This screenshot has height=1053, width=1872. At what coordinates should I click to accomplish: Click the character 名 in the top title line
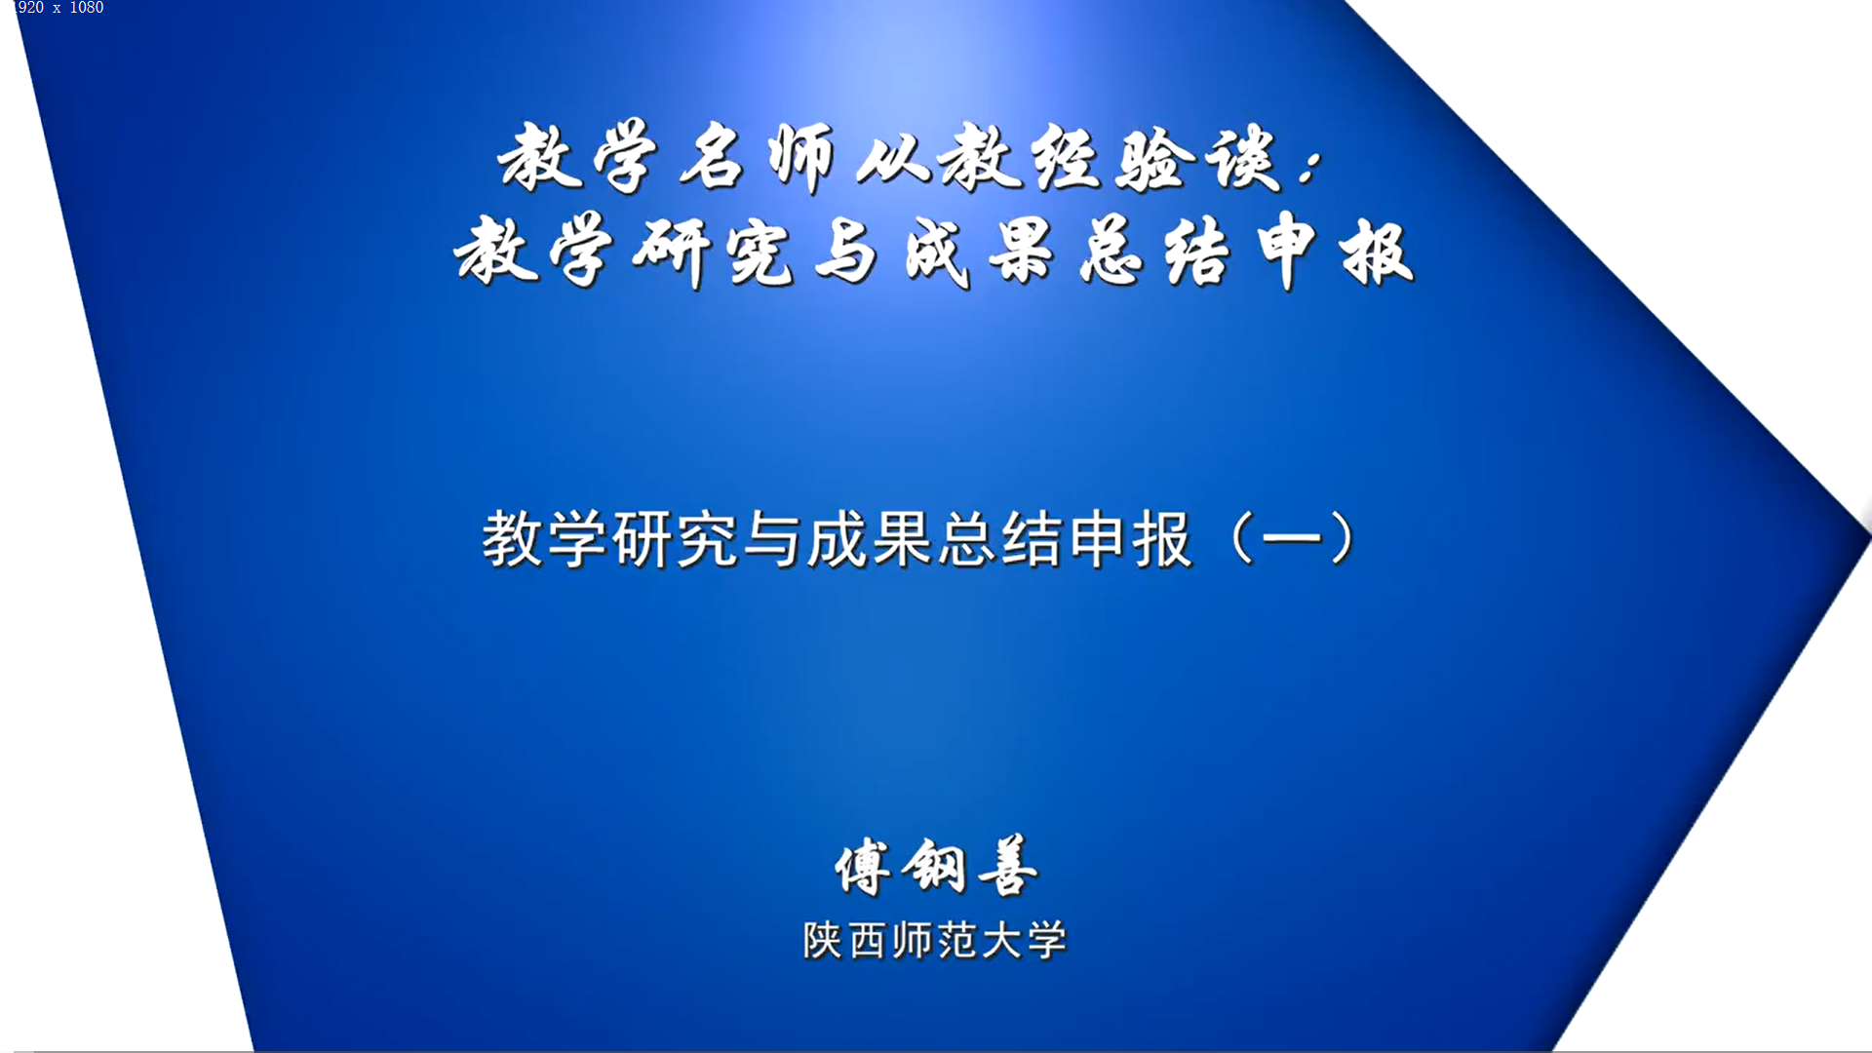(x=713, y=156)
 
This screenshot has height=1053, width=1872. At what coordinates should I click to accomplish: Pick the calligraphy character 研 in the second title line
(x=670, y=253)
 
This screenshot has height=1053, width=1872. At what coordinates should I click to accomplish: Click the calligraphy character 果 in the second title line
(x=1022, y=252)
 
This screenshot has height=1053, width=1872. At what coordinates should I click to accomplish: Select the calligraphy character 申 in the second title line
(x=1287, y=251)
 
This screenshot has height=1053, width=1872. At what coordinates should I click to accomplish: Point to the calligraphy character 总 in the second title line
(x=1111, y=252)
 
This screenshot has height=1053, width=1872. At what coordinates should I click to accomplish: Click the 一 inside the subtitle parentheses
(x=1292, y=539)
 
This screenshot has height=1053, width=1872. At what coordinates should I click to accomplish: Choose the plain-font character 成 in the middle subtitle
(x=838, y=539)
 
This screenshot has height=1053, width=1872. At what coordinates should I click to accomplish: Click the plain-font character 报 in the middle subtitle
(x=1163, y=539)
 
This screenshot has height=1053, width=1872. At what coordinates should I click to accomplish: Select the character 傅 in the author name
(x=863, y=867)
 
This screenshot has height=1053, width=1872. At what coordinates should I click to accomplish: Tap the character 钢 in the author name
(x=934, y=866)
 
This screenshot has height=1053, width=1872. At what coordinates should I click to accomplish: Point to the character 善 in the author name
(x=1007, y=866)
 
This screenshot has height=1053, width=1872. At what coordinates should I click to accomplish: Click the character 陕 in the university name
(x=823, y=941)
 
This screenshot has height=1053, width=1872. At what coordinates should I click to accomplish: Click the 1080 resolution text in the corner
(x=87, y=8)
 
